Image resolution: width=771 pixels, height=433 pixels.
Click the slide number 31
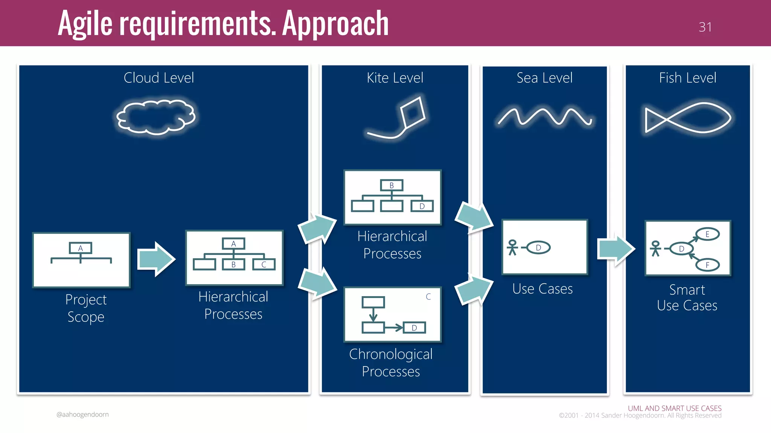pyautogui.click(x=705, y=27)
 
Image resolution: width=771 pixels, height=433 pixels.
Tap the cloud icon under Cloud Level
pyautogui.click(x=156, y=117)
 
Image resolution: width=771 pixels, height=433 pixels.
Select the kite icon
pyautogui.click(x=412, y=113)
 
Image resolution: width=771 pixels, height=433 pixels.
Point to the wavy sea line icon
pyautogui.click(x=544, y=117)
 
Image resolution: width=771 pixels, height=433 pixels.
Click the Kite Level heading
pyautogui.click(x=395, y=78)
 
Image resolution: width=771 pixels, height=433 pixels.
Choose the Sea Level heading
pyautogui.click(x=544, y=78)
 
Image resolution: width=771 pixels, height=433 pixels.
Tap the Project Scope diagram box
pyautogui.click(x=81, y=260)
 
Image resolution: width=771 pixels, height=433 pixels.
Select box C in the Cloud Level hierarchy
pyautogui.click(x=264, y=265)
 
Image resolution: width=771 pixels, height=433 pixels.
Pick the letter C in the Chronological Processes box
pyautogui.click(x=428, y=297)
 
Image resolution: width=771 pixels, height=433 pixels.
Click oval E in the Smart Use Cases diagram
pyautogui.click(x=707, y=234)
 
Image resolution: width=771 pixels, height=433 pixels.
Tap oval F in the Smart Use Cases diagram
pyautogui.click(x=707, y=265)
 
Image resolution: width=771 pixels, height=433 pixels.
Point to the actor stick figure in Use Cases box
pyautogui.click(x=512, y=248)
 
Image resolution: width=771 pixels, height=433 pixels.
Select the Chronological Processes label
pyautogui.click(x=391, y=363)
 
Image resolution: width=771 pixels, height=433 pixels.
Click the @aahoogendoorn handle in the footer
pyautogui.click(x=82, y=415)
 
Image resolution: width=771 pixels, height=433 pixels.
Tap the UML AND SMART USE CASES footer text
pyautogui.click(x=674, y=408)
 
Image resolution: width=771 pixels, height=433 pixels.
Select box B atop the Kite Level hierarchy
pyautogui.click(x=392, y=185)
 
